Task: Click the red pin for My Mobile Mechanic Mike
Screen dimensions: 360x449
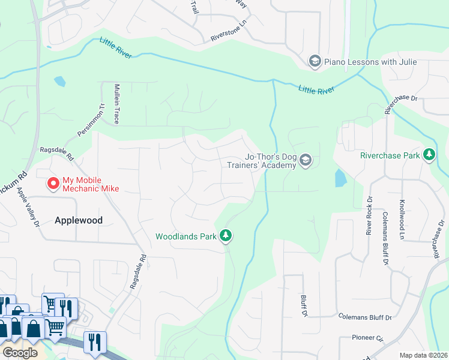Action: pyautogui.click(x=53, y=182)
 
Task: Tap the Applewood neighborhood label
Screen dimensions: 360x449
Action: pyautogui.click(x=79, y=220)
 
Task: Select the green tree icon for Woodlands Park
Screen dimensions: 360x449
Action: pyautogui.click(x=226, y=236)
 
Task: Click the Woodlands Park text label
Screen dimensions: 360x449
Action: pyautogui.click(x=185, y=236)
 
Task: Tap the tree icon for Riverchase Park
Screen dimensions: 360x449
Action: pyautogui.click(x=429, y=155)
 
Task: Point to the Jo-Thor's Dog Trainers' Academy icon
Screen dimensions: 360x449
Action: pyautogui.click(x=306, y=160)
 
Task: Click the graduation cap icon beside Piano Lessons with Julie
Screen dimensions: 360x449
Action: pyautogui.click(x=314, y=62)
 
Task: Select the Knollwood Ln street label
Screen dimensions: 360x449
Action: pyautogui.click(x=402, y=218)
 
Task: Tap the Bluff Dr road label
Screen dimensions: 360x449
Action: pyautogui.click(x=304, y=305)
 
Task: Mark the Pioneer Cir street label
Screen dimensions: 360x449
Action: pyautogui.click(x=368, y=338)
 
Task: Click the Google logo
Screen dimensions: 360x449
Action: pyautogui.click(x=20, y=352)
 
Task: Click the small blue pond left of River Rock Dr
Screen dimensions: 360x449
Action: pyautogui.click(x=340, y=178)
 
